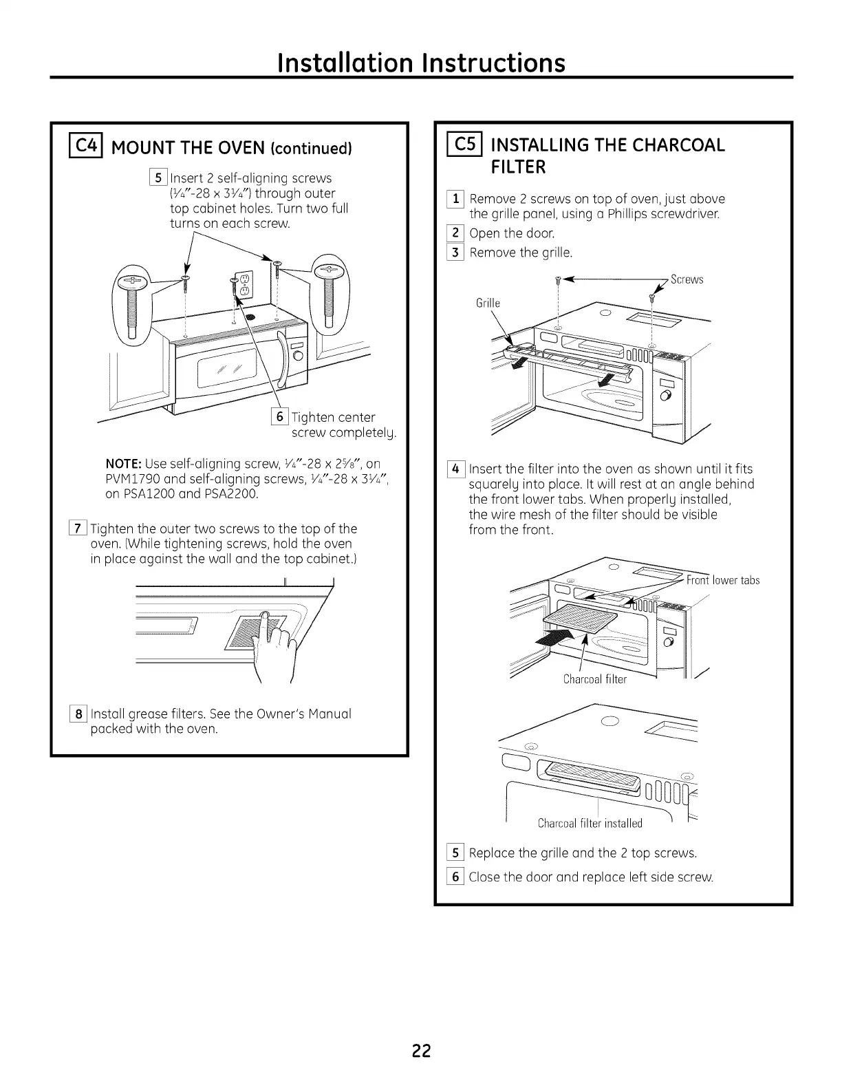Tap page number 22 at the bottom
(x=421, y=1051)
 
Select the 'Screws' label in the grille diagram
(x=687, y=279)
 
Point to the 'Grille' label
(x=488, y=303)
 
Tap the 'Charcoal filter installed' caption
(x=590, y=823)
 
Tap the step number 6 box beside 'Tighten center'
(x=280, y=416)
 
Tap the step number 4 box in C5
(x=455, y=469)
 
